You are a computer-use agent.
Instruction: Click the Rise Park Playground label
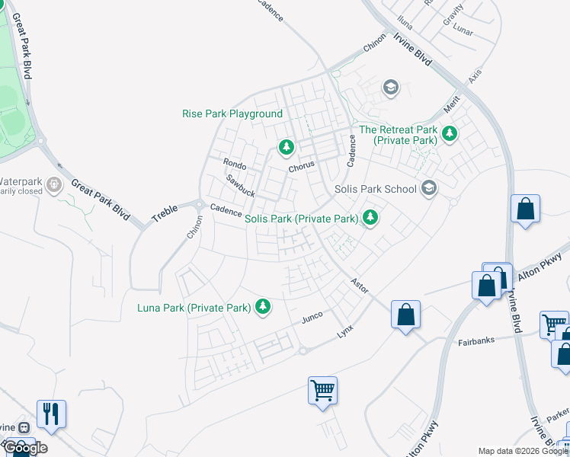[x=232, y=113]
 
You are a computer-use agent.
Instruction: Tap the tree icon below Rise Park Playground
[x=286, y=145]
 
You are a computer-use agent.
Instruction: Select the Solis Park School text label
[x=376, y=189]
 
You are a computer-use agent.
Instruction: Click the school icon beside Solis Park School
[x=429, y=188]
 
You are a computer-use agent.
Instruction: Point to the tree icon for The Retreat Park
[x=450, y=134]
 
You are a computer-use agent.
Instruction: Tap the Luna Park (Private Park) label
[x=194, y=308]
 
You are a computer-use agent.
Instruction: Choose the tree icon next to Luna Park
[x=263, y=306]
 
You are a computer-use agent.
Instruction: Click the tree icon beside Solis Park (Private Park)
[x=370, y=218]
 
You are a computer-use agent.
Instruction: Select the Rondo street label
[x=234, y=163]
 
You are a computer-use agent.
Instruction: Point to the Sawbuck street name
[x=240, y=186]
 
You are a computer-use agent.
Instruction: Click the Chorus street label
[x=302, y=168]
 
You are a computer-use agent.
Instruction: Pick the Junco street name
[x=313, y=315]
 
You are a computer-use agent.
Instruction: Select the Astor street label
[x=359, y=286]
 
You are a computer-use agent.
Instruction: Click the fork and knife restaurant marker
[x=51, y=414]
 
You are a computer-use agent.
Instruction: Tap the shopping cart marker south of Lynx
[x=322, y=390]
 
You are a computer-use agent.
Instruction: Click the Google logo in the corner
[x=25, y=448]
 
